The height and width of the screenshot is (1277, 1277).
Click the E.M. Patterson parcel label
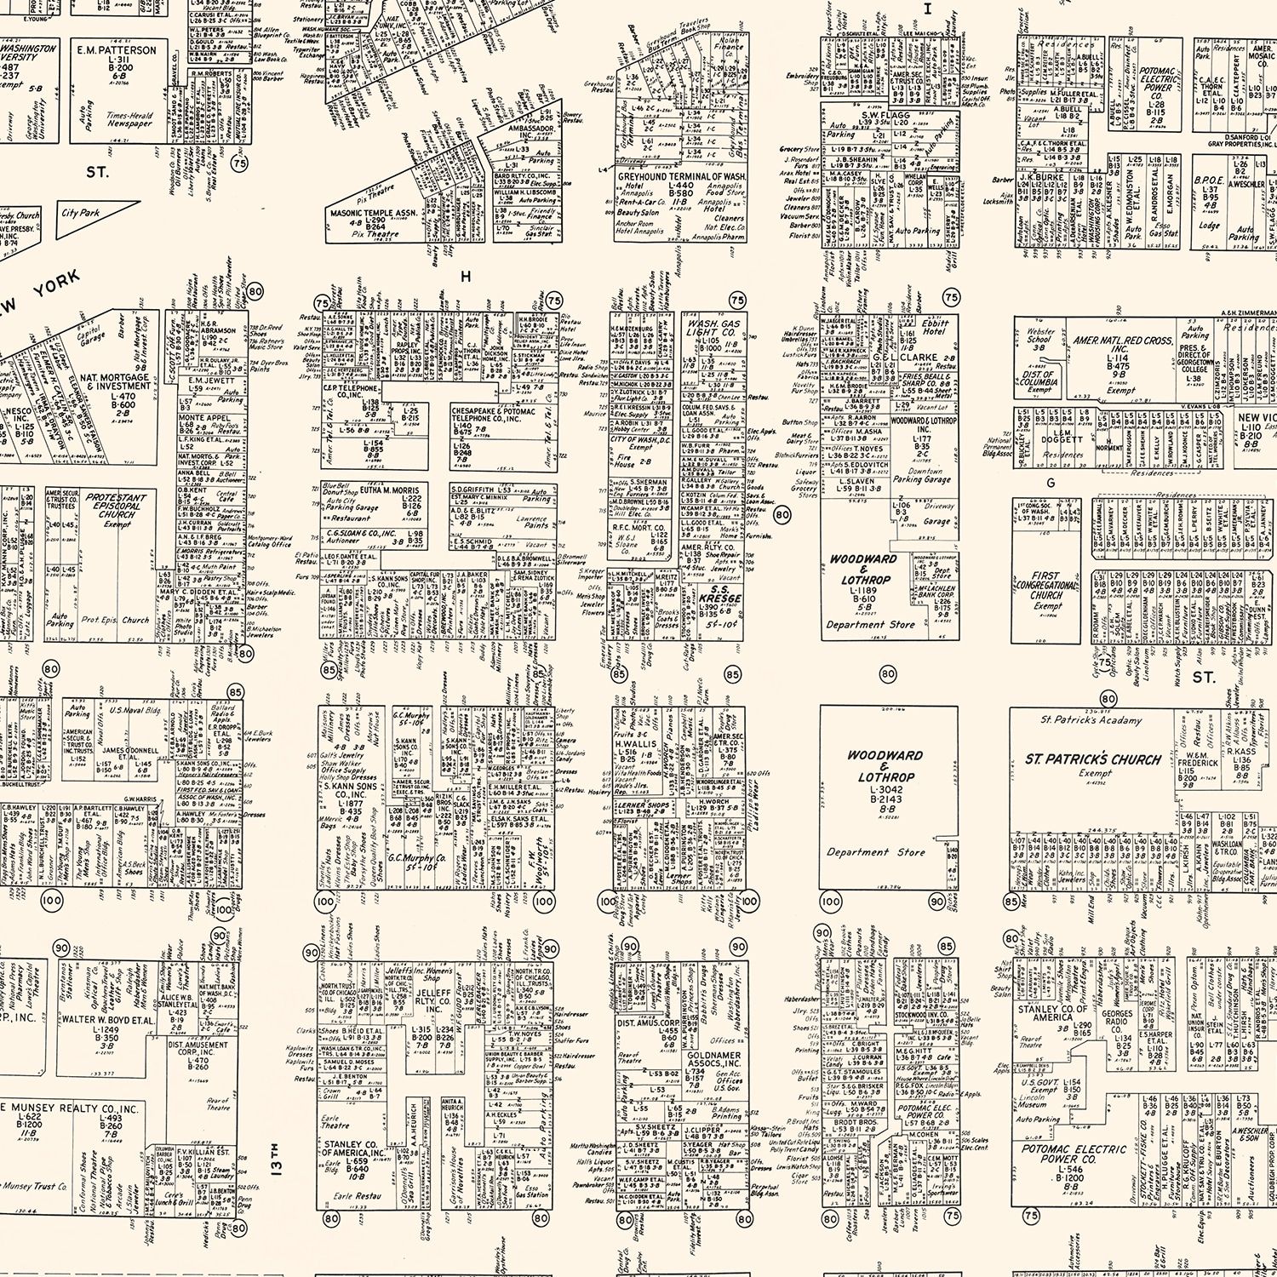(x=117, y=50)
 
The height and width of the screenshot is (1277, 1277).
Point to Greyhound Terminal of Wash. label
(x=681, y=176)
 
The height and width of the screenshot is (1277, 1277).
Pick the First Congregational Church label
(x=1046, y=586)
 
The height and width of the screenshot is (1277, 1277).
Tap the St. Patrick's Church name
(x=1092, y=759)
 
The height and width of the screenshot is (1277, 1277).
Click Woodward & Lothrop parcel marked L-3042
(x=885, y=766)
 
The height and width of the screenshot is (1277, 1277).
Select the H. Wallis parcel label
(x=636, y=743)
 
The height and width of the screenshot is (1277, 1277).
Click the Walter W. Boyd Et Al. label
(x=107, y=1019)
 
